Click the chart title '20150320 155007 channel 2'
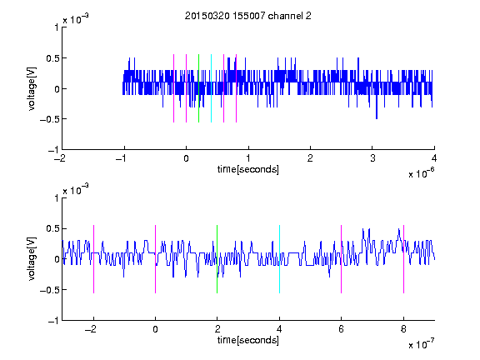(248, 16)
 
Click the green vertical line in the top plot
(198, 88)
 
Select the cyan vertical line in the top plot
(211, 88)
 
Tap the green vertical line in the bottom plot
(217, 259)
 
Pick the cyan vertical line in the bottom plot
(279, 259)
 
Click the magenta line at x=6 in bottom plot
(342, 259)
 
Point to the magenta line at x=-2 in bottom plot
(93, 259)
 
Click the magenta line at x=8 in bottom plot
(404, 259)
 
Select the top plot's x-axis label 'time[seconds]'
(248, 169)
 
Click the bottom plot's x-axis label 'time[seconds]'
(248, 340)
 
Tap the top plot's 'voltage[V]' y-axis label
(32, 88)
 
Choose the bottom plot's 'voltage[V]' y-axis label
(32, 259)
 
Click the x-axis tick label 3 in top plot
(372, 158)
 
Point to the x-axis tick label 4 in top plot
(434, 158)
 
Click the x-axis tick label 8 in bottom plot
(404, 329)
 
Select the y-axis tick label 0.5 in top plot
(52, 58)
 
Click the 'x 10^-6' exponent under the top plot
(421, 173)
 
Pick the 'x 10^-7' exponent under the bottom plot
(421, 344)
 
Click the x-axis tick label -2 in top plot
(60, 158)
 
